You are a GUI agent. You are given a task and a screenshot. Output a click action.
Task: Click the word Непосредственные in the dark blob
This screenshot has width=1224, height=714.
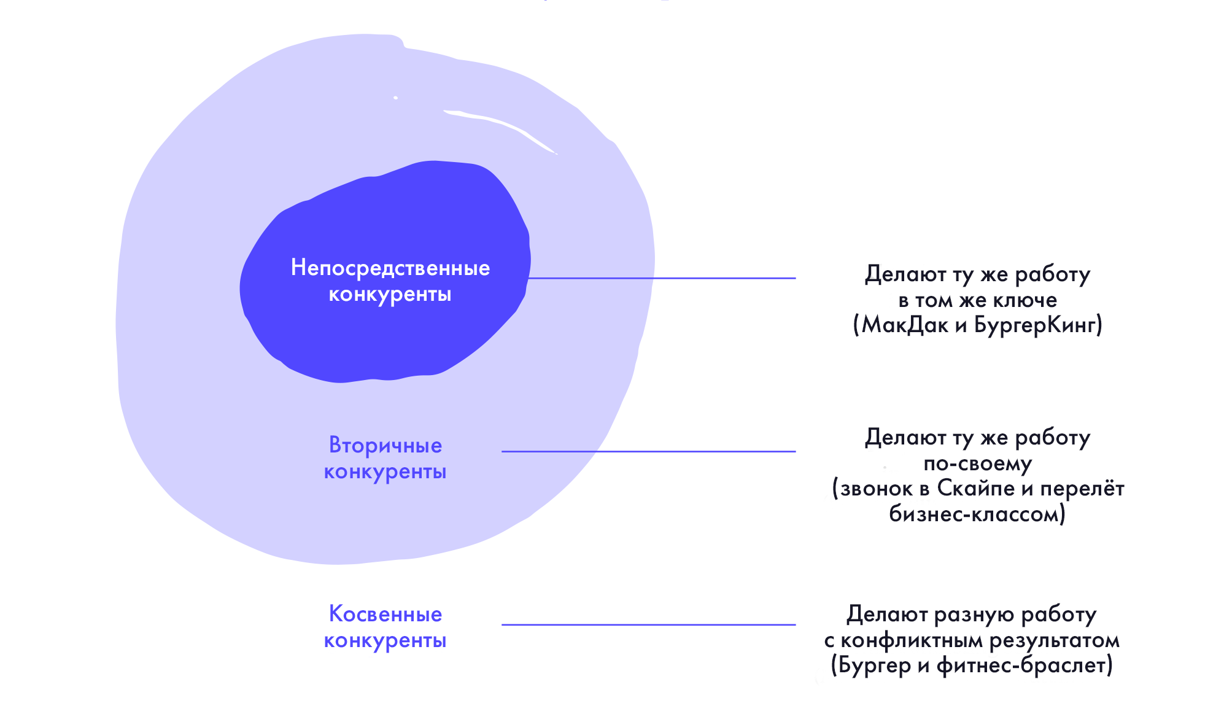pyautogui.click(x=390, y=268)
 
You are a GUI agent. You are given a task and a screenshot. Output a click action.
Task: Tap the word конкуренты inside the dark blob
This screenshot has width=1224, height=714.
pyautogui.click(x=390, y=295)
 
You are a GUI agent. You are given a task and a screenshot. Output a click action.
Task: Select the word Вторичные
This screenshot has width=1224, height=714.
pyautogui.click(x=385, y=446)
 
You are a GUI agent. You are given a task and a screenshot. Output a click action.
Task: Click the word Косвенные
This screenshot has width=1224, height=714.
pyautogui.click(x=385, y=614)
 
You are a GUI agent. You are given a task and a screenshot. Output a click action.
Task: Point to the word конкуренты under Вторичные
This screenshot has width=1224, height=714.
pyautogui.click(x=385, y=472)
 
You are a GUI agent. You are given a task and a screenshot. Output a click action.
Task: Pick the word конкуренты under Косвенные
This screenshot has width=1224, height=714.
pyautogui.click(x=385, y=641)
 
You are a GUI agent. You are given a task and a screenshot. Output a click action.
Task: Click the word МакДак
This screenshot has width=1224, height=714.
pyautogui.click(x=905, y=325)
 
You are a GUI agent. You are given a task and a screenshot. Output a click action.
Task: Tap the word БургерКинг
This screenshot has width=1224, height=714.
pyautogui.click(x=1035, y=325)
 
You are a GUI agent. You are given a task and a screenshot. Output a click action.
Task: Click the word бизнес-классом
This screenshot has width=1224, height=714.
pyautogui.click(x=974, y=514)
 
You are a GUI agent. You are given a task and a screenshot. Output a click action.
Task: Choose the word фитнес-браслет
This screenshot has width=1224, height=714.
pyautogui.click(x=1021, y=665)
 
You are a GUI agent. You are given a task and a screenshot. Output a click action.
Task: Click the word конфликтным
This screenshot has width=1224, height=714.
pyautogui.click(x=912, y=641)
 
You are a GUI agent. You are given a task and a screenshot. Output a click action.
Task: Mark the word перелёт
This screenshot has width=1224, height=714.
pyautogui.click(x=1082, y=489)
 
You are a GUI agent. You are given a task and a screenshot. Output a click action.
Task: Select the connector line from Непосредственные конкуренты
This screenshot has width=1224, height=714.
pyautogui.click(x=662, y=278)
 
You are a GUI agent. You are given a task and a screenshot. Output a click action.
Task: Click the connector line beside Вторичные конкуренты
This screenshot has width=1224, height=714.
pyautogui.click(x=649, y=451)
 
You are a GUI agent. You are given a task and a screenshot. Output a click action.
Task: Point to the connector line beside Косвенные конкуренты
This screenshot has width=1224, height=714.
pyautogui.click(x=649, y=625)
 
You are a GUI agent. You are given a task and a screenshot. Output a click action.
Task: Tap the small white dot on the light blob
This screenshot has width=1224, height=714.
pyautogui.click(x=396, y=98)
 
